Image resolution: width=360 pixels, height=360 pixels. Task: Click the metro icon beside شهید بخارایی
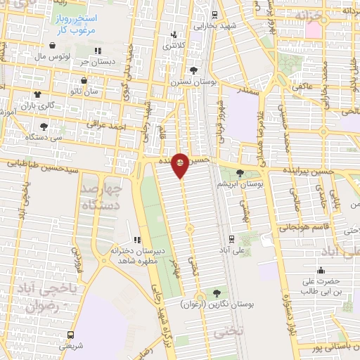(214, 14)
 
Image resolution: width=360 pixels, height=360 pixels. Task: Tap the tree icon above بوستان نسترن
(193, 70)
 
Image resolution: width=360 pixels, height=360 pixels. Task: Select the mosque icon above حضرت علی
(321, 271)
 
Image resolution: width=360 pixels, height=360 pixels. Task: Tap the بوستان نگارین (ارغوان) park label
(216, 305)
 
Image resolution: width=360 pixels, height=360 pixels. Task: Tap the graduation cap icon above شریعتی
(65, 335)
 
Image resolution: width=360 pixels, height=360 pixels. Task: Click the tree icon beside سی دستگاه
(44, 127)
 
